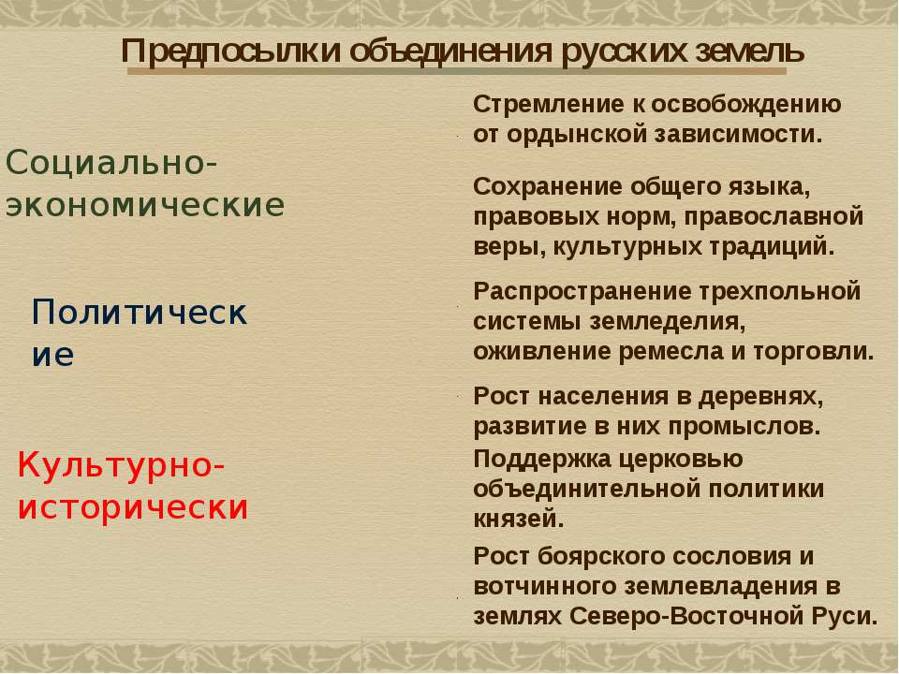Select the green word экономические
145,205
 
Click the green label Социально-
111,162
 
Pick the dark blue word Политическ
140,313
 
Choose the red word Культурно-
121,464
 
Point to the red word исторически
133,507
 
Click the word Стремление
549,105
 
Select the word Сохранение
548,187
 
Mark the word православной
774,217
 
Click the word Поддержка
543,459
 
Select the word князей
518,520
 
